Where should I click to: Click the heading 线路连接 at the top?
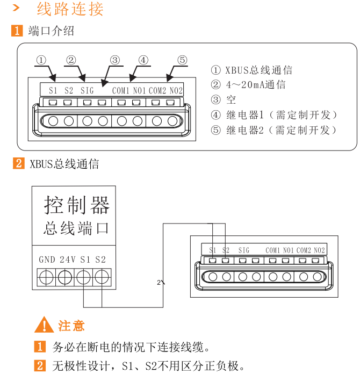coord(70,9)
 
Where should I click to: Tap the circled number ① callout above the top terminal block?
coord(42,60)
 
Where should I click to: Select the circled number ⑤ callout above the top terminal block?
coord(182,60)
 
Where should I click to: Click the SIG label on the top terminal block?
coord(88,90)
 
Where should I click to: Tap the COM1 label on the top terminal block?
coord(121,90)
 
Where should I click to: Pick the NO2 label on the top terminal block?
coord(176,90)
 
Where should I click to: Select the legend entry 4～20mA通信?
coord(256,85)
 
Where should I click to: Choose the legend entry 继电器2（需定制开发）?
coord(282,130)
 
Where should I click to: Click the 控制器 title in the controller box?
coord(77,205)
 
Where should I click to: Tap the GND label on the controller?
coord(47,260)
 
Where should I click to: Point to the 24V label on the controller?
coord(68,260)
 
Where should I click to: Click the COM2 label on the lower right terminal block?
coord(304,250)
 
